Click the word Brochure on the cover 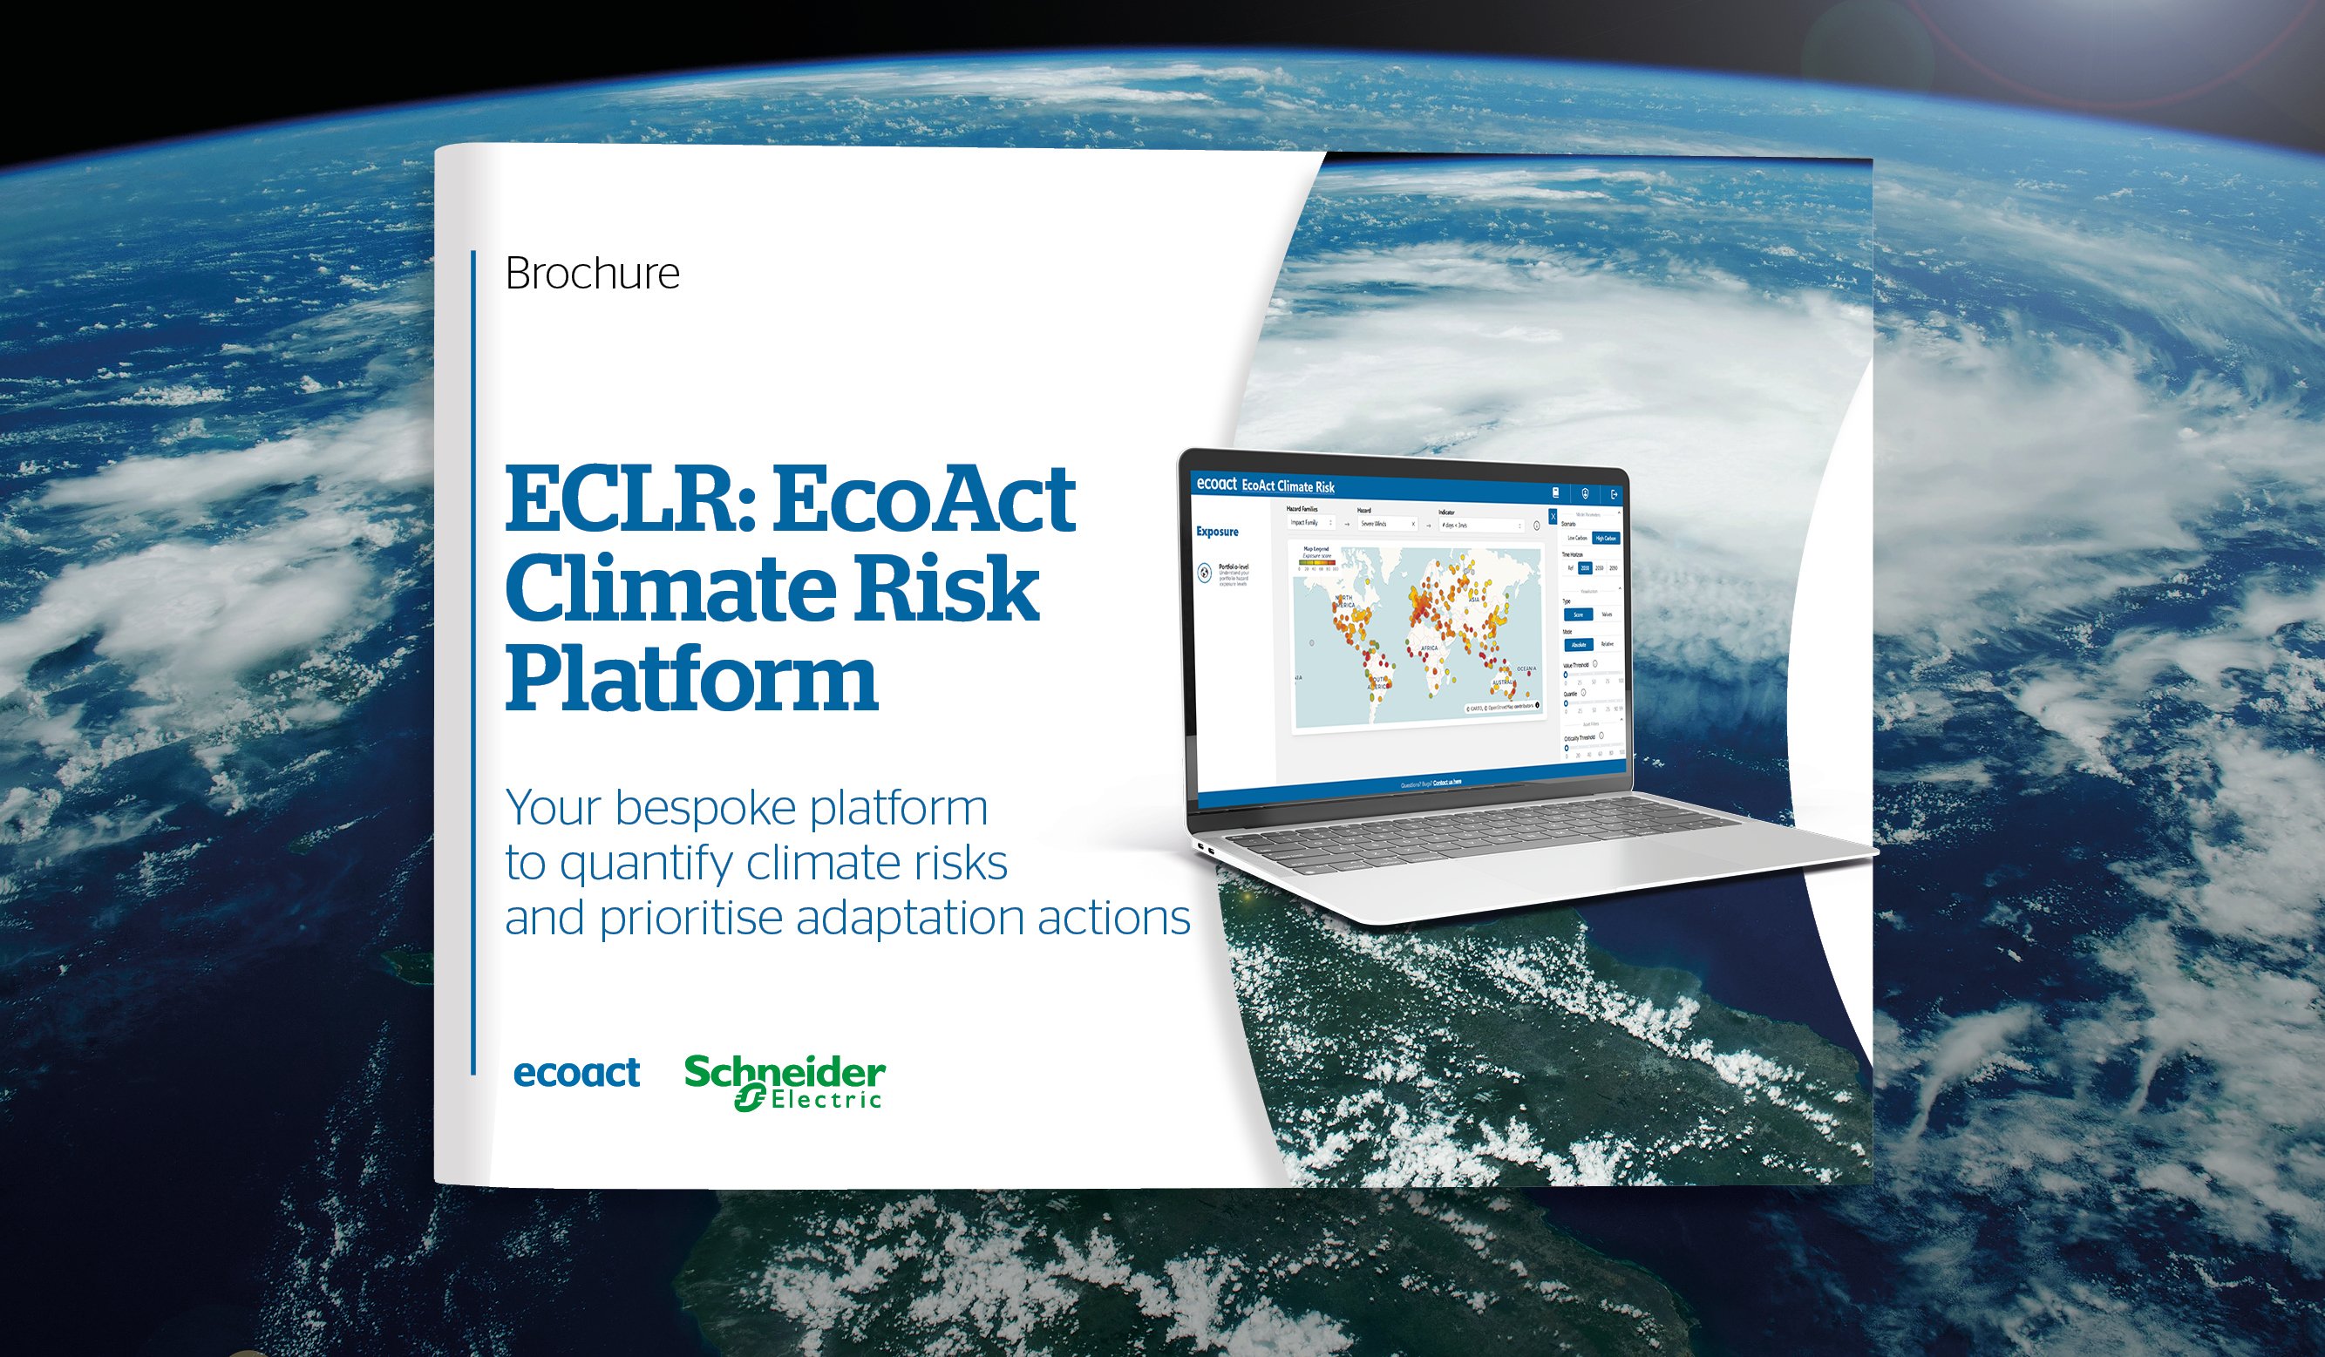(x=592, y=274)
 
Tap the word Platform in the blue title (x=691, y=681)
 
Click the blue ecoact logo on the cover (x=575, y=1074)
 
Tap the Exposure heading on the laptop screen (x=1217, y=532)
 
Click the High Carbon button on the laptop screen (x=1606, y=538)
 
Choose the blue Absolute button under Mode (x=1579, y=645)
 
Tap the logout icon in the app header (x=1614, y=495)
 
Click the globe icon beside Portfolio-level (x=1205, y=573)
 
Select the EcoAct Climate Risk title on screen (x=1288, y=486)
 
